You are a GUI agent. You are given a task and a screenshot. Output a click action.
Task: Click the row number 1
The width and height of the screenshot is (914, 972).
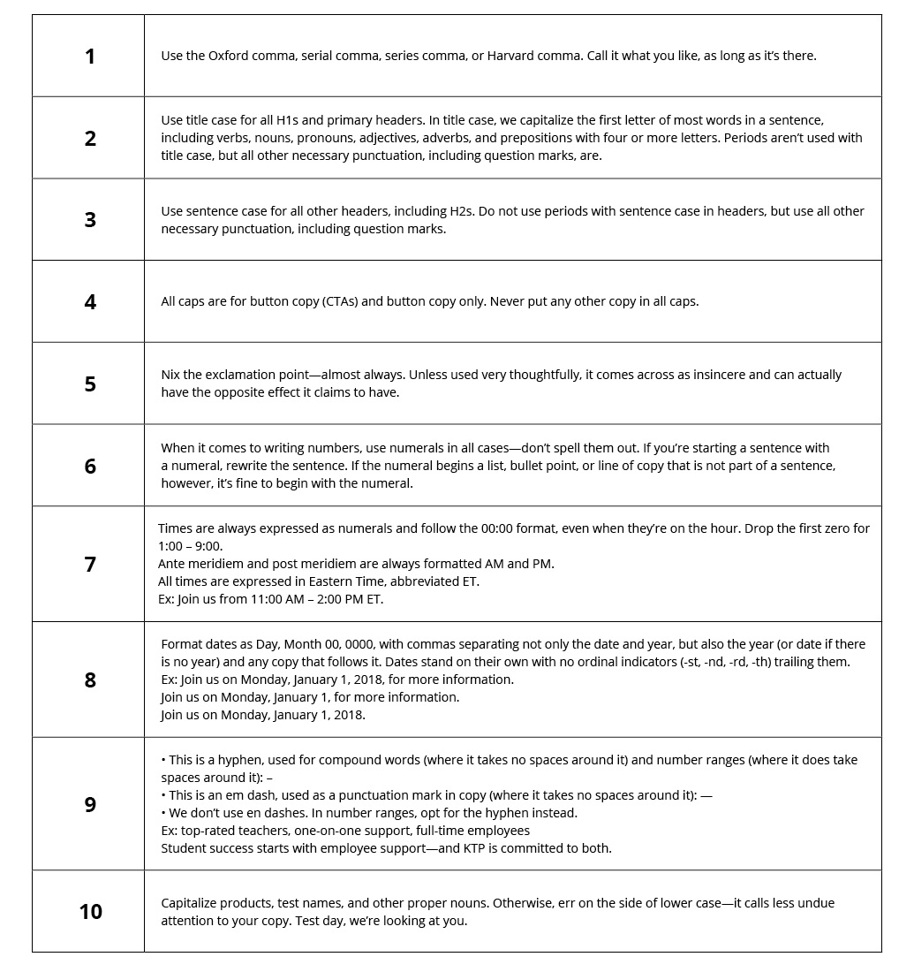89,57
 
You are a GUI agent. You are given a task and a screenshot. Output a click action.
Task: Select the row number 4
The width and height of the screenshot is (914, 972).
89,302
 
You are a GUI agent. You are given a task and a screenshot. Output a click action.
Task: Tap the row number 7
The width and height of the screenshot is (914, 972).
89,565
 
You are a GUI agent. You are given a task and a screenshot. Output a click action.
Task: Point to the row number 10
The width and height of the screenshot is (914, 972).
90,912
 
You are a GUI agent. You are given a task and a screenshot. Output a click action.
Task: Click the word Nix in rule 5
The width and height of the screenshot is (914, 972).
171,375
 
